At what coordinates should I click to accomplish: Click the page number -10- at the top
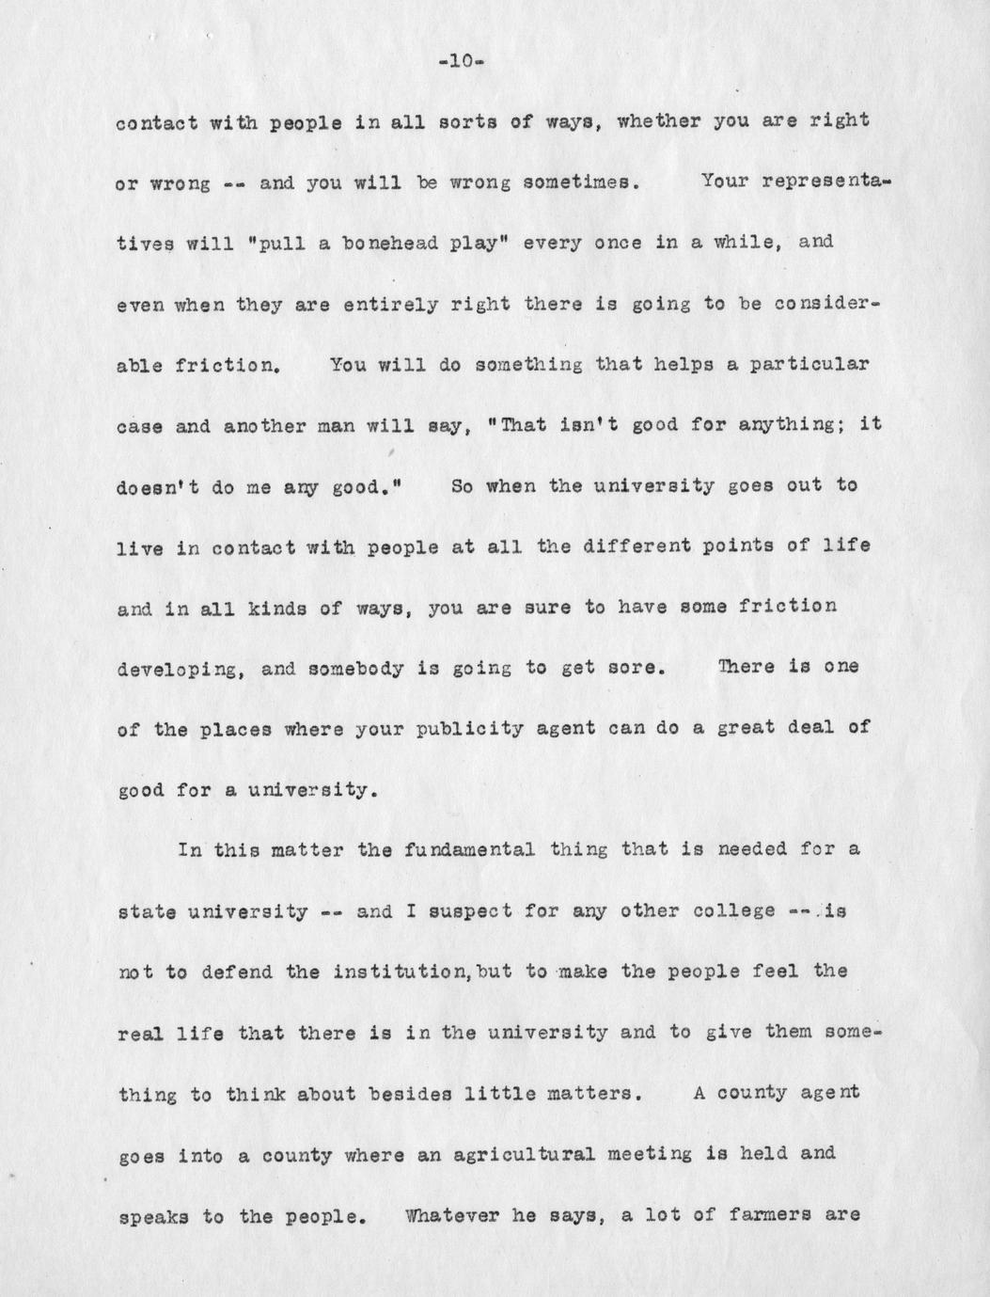pyautogui.click(x=461, y=62)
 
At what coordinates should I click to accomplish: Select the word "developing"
pyautogui.click(x=176, y=670)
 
